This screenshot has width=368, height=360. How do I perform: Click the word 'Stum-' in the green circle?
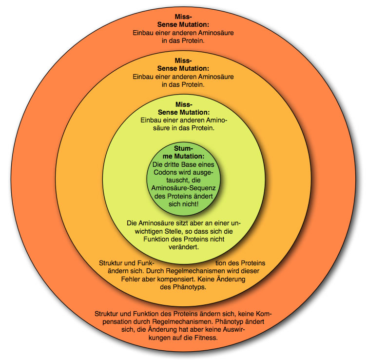(x=184, y=148)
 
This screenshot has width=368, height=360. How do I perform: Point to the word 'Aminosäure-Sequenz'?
(x=184, y=188)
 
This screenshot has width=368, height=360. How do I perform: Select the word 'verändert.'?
(x=184, y=247)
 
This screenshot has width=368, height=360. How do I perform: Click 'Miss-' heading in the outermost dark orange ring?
(x=184, y=17)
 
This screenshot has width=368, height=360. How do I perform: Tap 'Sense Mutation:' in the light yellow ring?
(x=184, y=113)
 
